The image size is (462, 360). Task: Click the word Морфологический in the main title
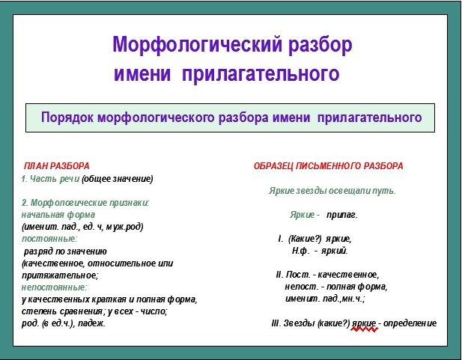(x=197, y=45)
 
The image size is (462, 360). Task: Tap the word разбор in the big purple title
(x=320, y=45)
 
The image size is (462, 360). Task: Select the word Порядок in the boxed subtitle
(x=67, y=118)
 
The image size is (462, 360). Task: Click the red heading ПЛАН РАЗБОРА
(x=57, y=166)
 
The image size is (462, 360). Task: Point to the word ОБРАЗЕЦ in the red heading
(x=273, y=166)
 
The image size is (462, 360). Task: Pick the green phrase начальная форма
(x=58, y=215)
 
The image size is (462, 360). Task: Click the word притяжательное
(x=59, y=275)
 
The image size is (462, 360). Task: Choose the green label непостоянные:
(x=54, y=287)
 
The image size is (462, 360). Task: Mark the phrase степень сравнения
(x=62, y=311)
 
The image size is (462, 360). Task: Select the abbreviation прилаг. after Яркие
(x=341, y=215)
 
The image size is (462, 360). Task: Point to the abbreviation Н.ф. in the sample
(x=300, y=251)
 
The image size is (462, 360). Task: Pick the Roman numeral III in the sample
(x=276, y=323)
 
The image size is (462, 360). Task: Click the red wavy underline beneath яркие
(x=364, y=329)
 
